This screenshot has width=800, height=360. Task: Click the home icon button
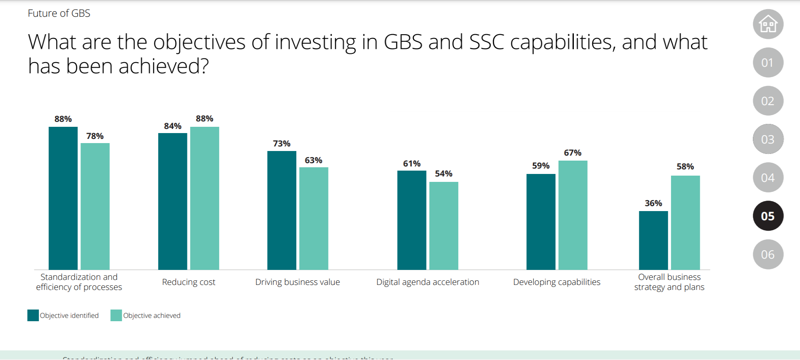(768, 24)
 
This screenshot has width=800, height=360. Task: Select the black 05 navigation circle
(768, 216)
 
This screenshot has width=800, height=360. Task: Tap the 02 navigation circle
(768, 101)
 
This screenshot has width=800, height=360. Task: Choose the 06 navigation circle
(768, 254)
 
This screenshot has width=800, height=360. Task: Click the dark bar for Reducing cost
(172, 201)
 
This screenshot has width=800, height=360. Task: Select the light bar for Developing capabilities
(573, 215)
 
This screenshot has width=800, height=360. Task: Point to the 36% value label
(653, 203)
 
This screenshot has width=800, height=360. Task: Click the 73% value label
(282, 143)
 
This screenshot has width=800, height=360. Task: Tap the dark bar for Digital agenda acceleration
(411, 220)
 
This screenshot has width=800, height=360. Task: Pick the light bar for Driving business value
(313, 218)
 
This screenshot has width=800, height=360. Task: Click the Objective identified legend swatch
(33, 315)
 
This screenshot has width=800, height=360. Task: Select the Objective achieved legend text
(151, 316)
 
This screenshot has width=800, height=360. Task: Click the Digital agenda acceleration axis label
(427, 282)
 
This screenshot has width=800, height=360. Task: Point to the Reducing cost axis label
(189, 282)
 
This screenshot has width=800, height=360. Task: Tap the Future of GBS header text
(59, 13)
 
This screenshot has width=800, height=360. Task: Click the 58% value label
(685, 166)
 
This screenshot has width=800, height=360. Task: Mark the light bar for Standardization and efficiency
(95, 206)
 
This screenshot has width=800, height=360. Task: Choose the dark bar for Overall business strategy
(653, 240)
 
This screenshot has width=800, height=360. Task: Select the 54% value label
(443, 174)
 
